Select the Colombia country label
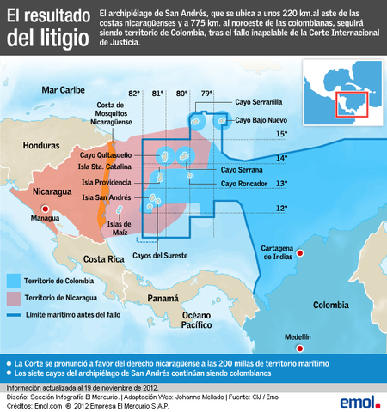tap(331, 305)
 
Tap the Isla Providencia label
tap(107, 183)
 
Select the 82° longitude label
tap(133, 92)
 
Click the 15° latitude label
tap(281, 135)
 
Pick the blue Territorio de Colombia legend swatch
tap(13, 280)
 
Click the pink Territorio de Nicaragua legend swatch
tap(13, 297)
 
